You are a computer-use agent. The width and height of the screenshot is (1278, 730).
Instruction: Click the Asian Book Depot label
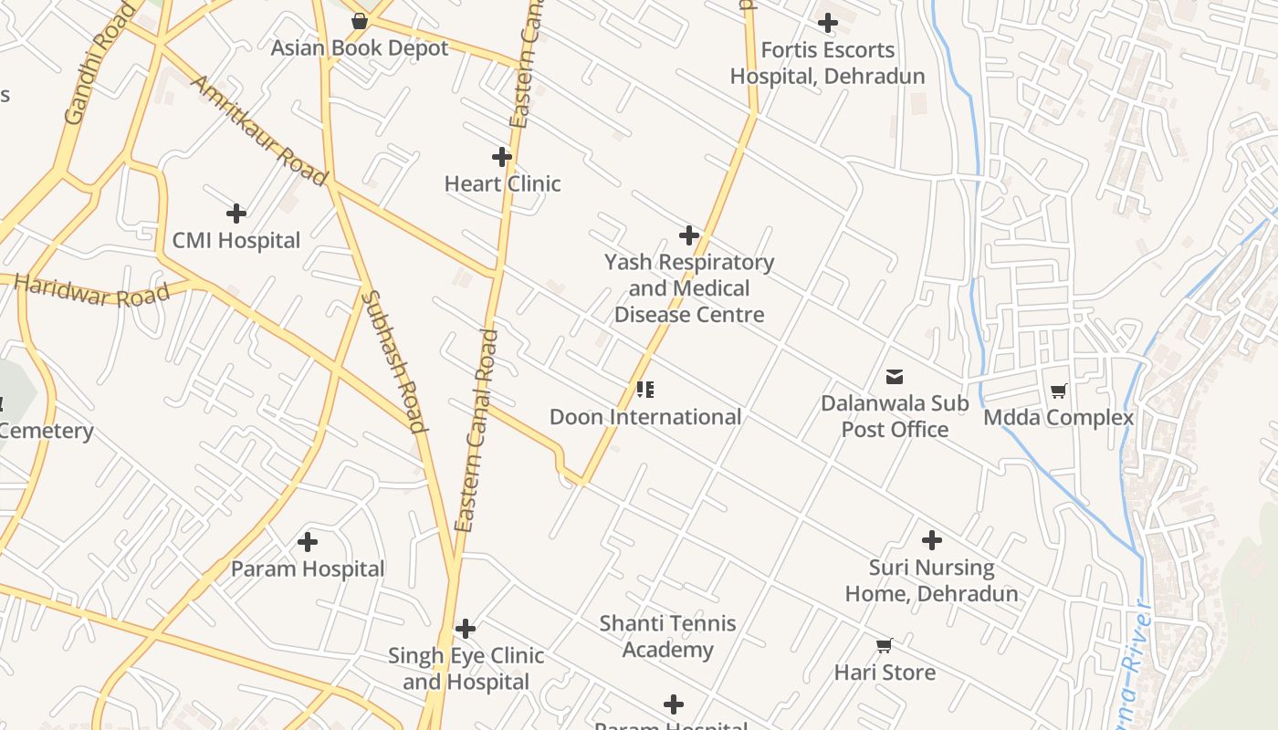360,48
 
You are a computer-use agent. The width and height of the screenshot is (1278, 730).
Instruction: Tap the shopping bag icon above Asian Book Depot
360,21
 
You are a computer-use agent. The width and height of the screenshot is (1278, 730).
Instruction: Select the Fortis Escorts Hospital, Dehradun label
827,63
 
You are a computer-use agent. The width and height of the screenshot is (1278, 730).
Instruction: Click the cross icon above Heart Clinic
502,157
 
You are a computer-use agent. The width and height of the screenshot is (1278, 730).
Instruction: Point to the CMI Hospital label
236,241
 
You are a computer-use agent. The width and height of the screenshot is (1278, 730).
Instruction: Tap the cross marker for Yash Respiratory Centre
689,235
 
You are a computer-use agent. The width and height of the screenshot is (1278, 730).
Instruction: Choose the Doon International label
645,417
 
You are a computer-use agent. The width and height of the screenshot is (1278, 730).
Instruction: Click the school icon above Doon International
645,391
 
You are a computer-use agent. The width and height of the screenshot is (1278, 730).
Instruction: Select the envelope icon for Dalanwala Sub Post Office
895,376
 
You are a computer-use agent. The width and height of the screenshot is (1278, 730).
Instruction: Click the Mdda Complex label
1058,418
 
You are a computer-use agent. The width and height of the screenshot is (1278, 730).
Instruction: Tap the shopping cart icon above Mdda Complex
1058,391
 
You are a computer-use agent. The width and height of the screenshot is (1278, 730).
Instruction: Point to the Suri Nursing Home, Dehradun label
931,580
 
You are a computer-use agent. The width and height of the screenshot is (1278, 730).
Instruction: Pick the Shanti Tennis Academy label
668,637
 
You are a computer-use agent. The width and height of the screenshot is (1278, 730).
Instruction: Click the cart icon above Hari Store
884,646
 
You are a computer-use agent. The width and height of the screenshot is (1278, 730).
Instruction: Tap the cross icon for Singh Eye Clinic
466,629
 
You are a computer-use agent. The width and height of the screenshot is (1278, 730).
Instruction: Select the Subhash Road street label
394,360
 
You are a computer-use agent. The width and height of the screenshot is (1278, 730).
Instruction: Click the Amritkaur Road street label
258,130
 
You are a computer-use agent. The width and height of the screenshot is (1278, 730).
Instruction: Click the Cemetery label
46,431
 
